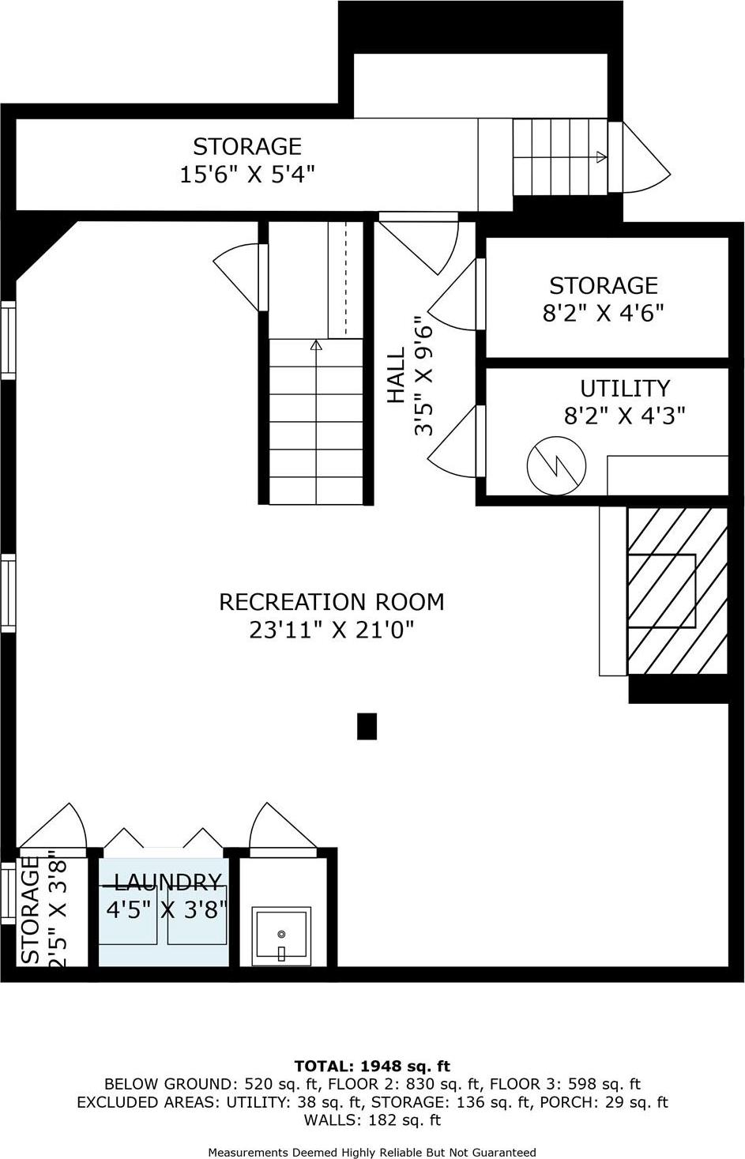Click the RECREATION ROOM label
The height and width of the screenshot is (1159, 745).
331,602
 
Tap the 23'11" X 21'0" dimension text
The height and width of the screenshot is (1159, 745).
331,630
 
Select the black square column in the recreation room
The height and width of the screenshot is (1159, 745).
367,726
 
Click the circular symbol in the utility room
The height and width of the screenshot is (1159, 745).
557,465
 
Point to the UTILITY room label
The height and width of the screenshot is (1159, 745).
624,389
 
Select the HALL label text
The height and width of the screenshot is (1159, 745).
396,375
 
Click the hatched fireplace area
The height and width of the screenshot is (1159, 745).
677,591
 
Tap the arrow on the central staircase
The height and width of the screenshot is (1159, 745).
317,345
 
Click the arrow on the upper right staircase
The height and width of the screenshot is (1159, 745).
601,156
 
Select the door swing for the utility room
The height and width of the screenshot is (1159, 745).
453,442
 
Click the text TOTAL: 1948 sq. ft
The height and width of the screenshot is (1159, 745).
372,1066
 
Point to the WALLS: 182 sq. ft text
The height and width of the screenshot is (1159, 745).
372,1119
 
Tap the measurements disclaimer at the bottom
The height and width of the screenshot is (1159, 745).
372,1152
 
